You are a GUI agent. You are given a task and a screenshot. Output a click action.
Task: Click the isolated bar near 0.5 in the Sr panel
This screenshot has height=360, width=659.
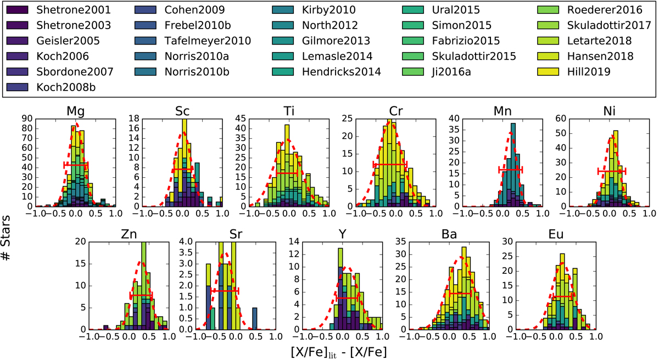coord(255,318)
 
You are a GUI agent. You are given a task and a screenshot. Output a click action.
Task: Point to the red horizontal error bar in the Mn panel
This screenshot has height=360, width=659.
coord(510,170)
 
